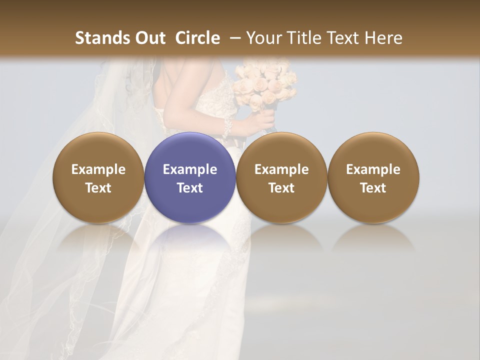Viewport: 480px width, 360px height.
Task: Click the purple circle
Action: (x=190, y=177)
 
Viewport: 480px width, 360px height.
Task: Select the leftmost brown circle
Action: (x=98, y=177)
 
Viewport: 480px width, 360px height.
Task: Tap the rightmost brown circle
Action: (x=373, y=177)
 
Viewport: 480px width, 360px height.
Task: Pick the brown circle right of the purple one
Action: (x=281, y=177)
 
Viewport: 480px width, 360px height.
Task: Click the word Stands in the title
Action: (x=101, y=38)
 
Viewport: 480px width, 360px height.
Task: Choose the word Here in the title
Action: (x=383, y=38)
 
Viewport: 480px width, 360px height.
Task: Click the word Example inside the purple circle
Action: (x=190, y=169)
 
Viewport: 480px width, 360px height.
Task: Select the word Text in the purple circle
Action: (x=190, y=188)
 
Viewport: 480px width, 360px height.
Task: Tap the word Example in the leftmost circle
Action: (x=98, y=169)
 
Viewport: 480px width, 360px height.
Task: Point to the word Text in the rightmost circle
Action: (x=373, y=188)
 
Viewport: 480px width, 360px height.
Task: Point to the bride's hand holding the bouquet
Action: (x=265, y=120)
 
